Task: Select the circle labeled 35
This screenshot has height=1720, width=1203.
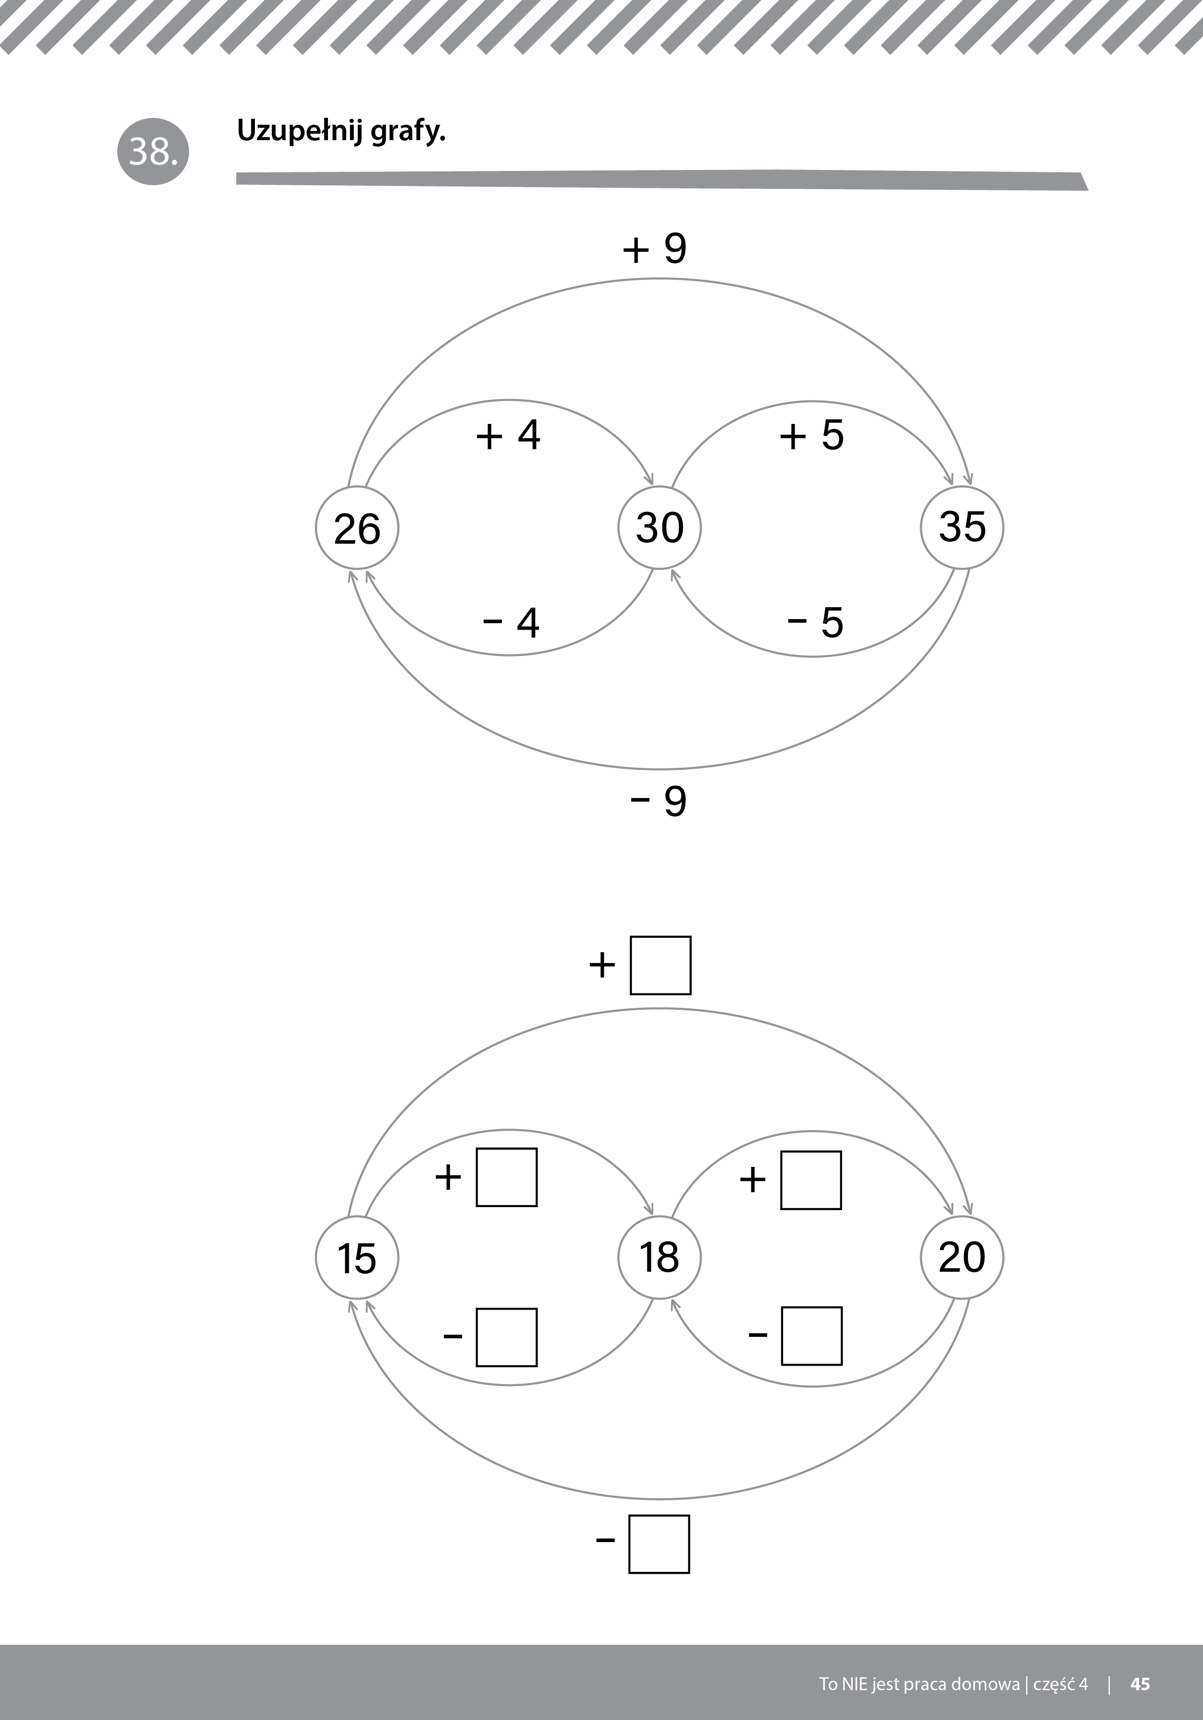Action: tap(962, 527)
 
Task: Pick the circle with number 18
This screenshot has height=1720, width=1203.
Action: tap(659, 1257)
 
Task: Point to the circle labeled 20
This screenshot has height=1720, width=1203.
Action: tap(962, 1257)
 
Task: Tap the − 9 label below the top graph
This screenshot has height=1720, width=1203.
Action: tap(658, 801)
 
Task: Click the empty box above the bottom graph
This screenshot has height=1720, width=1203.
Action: tap(660, 965)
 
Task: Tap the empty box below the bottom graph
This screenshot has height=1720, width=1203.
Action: tap(659, 1544)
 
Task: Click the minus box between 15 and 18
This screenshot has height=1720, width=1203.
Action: tap(506, 1337)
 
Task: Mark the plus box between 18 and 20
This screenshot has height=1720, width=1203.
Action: tap(810, 1180)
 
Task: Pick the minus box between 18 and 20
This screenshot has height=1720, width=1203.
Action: tap(811, 1336)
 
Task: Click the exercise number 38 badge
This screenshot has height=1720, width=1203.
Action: tap(154, 151)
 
